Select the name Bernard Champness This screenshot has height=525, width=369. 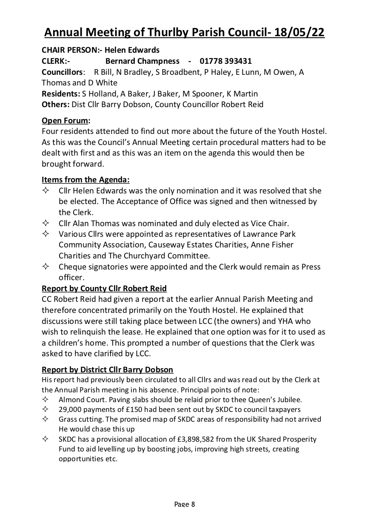click(142, 61)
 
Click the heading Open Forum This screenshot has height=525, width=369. click(66, 120)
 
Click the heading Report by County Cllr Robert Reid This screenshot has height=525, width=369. click(104, 289)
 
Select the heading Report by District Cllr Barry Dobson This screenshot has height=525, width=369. click(108, 369)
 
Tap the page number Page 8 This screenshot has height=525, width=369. click(184, 504)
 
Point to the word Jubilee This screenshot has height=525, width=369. click(290, 400)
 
